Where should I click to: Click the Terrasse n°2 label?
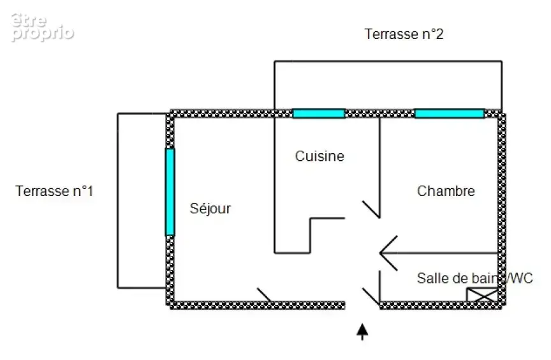(404, 34)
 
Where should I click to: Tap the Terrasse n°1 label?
(54, 191)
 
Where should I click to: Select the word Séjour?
(210, 209)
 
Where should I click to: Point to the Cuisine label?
(320, 156)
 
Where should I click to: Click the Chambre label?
(446, 191)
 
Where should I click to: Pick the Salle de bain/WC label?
(474, 278)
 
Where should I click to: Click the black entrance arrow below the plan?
(362, 332)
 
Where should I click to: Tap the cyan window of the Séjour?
(170, 192)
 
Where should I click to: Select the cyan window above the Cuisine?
(319, 114)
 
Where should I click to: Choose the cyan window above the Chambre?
(450, 114)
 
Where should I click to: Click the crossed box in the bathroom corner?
(482, 295)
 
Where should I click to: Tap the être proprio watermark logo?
(42, 27)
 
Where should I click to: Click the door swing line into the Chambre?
(371, 209)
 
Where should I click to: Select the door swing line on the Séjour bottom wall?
(264, 295)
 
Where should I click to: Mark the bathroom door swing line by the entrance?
(371, 296)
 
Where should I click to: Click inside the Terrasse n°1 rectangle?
(142, 200)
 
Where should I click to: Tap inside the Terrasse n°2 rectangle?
(388, 86)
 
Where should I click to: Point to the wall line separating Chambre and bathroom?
(439, 253)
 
